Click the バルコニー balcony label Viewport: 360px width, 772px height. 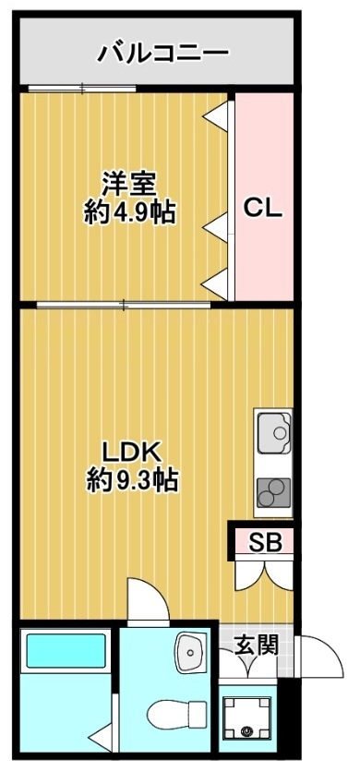click(164, 53)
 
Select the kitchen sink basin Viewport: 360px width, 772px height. click(274, 430)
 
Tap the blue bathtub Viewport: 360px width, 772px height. click(65, 650)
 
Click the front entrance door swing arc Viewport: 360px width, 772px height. click(310, 660)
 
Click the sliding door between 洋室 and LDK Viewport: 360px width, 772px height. click(125, 303)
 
